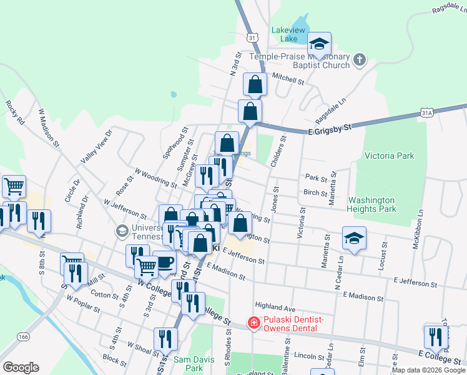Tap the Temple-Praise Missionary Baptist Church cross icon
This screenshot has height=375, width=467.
(x=359, y=61)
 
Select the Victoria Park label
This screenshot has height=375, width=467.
(x=389, y=156)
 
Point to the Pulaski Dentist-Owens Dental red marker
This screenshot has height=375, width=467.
(x=253, y=323)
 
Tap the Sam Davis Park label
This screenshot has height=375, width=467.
(x=189, y=364)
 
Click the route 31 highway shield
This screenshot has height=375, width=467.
(x=252, y=38)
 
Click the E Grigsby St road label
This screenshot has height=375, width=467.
(x=330, y=129)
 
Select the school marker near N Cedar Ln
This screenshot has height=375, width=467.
(x=354, y=238)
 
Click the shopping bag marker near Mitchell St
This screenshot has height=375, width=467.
(x=255, y=84)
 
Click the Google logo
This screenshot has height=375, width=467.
(x=21, y=367)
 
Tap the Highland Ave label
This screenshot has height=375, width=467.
(x=275, y=309)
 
